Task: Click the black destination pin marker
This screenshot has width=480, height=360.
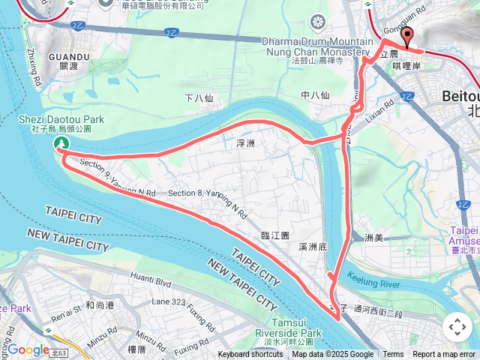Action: pyautogui.click(x=407, y=37)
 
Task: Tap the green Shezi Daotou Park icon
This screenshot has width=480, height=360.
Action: pyautogui.click(x=61, y=142)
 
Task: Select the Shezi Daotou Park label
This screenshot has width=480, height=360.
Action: pyautogui.click(x=61, y=124)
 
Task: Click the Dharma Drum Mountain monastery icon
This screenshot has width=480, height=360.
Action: pyautogui.click(x=319, y=21)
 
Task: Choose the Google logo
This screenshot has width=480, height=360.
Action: pyautogui.click(x=28, y=349)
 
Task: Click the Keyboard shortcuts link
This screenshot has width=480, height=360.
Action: pyautogui.click(x=250, y=355)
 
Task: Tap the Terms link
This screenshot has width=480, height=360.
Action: pyautogui.click(x=393, y=355)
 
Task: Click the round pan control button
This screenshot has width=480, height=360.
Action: pyautogui.click(x=457, y=327)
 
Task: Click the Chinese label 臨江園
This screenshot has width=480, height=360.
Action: pyautogui.click(x=274, y=235)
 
